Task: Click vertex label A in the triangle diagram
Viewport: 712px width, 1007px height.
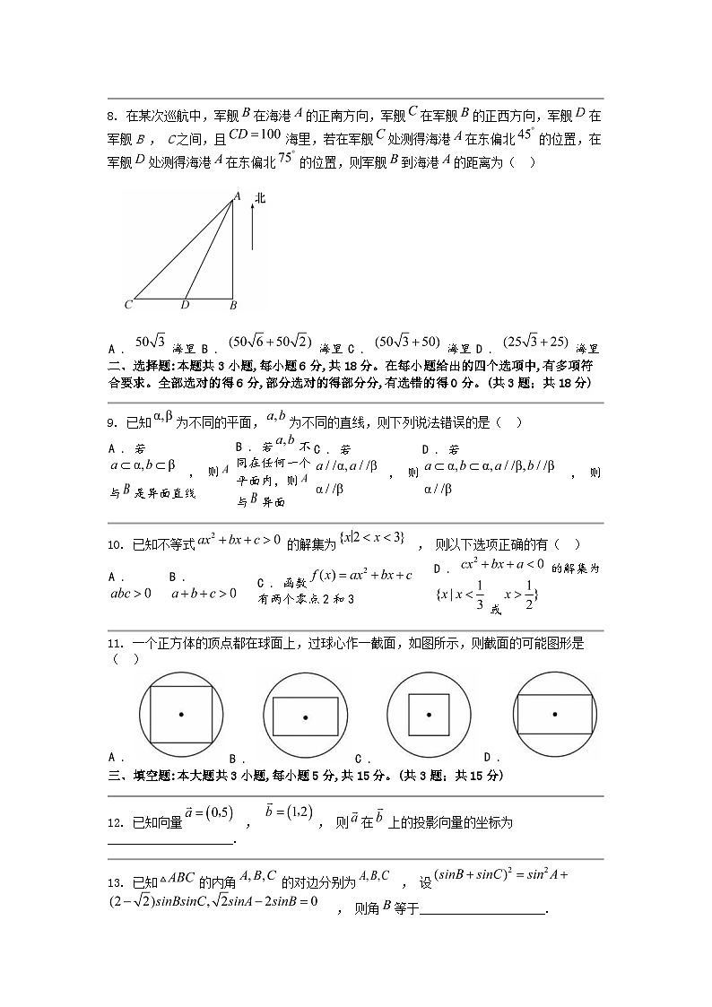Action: [238, 195]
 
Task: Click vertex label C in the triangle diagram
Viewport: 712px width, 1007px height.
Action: [128, 305]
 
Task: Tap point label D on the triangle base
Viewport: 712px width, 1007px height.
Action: [185, 305]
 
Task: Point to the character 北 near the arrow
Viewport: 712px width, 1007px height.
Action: [260, 197]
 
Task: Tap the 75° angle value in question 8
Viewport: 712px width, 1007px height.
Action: [286, 158]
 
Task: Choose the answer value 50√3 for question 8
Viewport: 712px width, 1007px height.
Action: [151, 341]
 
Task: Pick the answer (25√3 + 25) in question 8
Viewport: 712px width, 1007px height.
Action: [535, 341]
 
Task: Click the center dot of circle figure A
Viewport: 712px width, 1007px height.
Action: [181, 715]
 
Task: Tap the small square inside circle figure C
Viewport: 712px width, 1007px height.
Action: [429, 715]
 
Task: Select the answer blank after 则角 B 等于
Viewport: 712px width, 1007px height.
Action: [482, 913]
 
